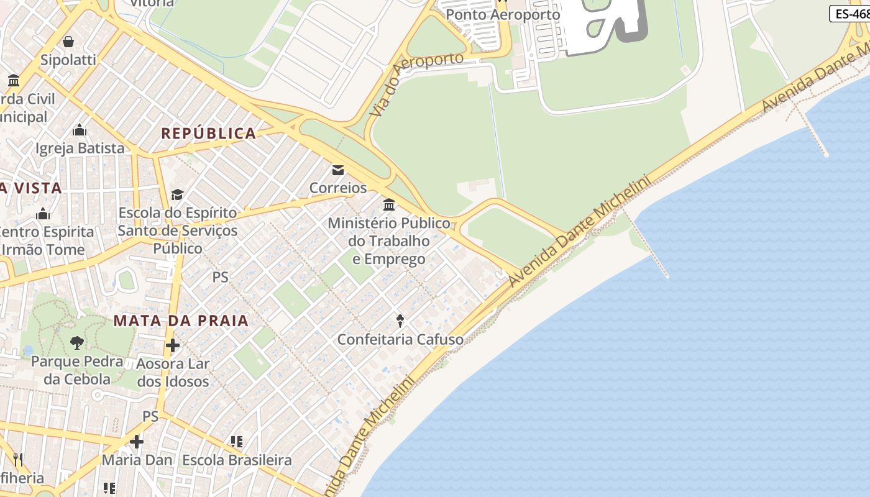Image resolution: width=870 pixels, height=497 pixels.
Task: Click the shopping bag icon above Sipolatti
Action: pos(68,42)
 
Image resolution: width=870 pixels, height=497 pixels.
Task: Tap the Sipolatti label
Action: pos(68,60)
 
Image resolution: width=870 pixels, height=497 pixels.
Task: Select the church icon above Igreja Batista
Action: pos(80,130)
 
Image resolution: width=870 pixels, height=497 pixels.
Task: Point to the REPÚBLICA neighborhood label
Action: pos(209,134)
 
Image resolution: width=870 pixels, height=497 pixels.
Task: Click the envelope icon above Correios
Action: pos(338,170)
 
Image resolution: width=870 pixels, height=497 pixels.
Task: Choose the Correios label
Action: pos(338,188)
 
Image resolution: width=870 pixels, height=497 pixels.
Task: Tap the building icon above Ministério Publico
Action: pos(389,204)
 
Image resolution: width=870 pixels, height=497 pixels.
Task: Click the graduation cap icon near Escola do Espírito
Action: pos(178,194)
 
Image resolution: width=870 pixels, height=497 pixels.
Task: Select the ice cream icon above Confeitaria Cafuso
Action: pos(400,321)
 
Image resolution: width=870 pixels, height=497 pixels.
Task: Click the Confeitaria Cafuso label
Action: pos(400,340)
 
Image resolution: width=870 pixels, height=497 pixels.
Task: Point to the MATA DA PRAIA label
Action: pos(181,321)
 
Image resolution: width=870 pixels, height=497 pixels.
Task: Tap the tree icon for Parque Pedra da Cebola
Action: pos(76,342)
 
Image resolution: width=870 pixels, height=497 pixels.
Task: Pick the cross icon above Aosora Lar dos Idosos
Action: pos(173,345)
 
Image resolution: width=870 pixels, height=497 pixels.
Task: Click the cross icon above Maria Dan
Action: pos(137,442)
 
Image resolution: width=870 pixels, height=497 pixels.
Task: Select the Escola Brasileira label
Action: pos(237,460)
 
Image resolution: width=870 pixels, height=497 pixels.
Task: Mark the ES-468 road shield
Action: pos(851,14)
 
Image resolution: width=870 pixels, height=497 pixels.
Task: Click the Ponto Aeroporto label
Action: pos(503,14)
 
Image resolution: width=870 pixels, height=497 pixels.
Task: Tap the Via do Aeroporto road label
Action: pos(416,84)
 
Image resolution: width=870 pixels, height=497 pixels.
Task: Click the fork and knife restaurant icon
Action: pos(18,460)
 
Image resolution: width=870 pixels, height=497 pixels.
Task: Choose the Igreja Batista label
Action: pos(80,148)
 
